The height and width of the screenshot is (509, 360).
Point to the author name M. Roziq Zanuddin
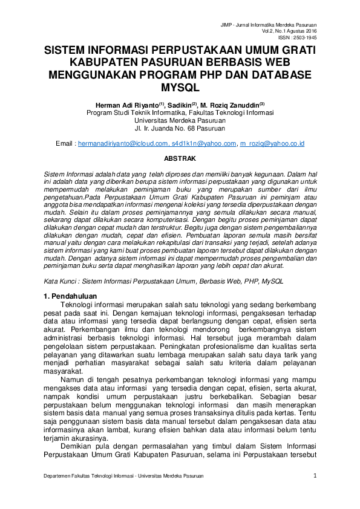point(232,104)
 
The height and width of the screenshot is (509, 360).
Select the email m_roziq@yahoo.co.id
point(272,144)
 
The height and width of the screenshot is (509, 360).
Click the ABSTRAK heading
point(180,158)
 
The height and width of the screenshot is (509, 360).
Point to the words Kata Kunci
point(61,281)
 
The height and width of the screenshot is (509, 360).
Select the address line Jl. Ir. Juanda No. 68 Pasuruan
point(180,128)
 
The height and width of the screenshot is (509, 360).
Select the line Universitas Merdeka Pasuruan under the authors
point(180,120)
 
